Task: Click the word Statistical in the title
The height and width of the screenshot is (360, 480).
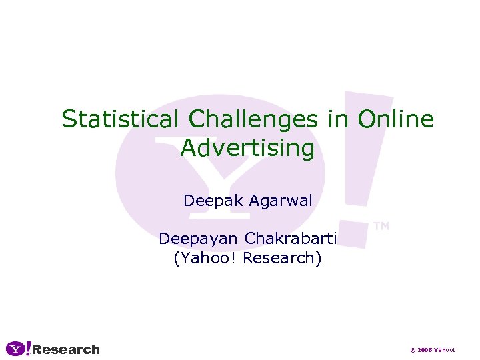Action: tap(120, 119)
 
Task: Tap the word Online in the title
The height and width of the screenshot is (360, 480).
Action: tap(395, 119)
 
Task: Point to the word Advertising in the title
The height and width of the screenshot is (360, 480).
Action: tap(247, 148)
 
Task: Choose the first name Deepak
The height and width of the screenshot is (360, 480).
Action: tap(213, 201)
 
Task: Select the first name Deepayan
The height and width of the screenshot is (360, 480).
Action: tap(199, 239)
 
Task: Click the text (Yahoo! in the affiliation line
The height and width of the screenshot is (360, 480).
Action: tap(205, 258)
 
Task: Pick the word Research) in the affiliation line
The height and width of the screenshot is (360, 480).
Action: tap(282, 258)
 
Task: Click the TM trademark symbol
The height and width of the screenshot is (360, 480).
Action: tap(381, 227)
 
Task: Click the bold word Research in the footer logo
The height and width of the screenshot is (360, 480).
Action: tap(66, 349)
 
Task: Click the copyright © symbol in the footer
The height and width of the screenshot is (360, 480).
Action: tap(413, 350)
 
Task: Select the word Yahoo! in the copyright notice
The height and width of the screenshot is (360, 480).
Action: tap(445, 350)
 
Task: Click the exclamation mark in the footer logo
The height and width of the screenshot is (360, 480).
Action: tap(28, 349)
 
